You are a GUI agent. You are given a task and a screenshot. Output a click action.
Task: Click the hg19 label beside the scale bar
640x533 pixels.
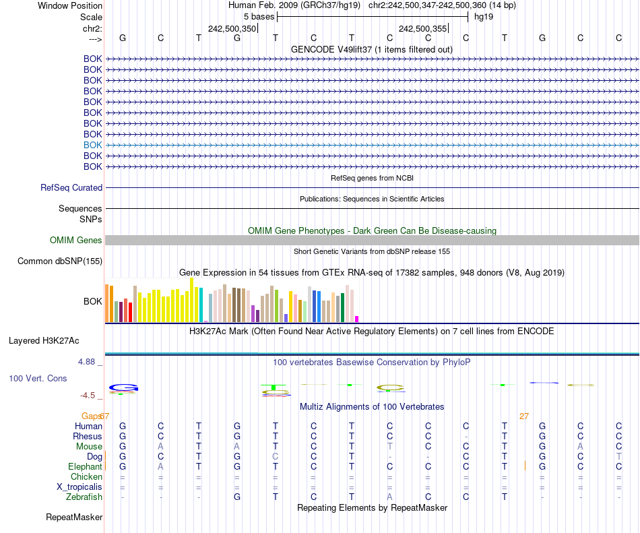484,17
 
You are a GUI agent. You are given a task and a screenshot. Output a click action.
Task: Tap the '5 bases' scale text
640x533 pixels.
259,17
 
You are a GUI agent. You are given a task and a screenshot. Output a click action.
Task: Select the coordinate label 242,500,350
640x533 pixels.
232,29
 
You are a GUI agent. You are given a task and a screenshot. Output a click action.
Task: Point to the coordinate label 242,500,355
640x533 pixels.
422,29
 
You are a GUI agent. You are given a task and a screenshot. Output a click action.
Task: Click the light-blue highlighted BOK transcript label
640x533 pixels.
93,145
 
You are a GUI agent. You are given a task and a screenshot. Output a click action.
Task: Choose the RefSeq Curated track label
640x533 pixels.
71,188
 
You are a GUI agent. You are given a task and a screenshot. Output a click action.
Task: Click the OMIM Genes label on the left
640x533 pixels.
76,241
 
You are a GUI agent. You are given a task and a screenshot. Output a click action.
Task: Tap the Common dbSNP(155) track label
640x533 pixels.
60,261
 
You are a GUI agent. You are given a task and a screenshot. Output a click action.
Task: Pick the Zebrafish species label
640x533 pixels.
84,497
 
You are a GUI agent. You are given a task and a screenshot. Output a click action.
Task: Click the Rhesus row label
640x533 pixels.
88,437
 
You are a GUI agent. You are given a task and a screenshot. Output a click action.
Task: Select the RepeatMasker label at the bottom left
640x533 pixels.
74,518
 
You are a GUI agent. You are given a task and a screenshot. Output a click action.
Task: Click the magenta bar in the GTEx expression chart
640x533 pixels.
357,319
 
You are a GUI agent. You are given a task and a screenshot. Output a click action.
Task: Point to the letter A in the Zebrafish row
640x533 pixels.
389,497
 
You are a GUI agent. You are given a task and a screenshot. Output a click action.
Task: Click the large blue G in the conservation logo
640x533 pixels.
124,388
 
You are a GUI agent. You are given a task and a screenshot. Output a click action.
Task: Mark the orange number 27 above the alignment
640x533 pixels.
524,416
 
